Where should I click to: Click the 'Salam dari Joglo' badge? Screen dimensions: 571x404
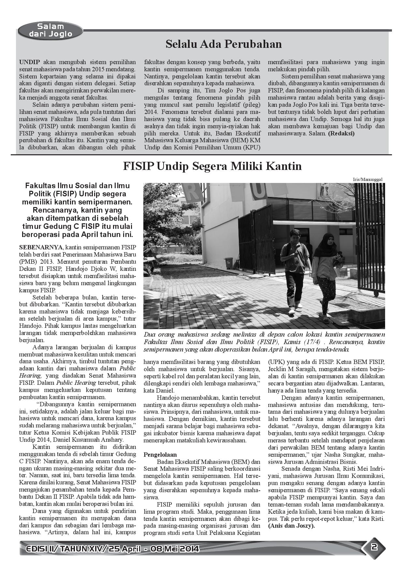tap(50, 30)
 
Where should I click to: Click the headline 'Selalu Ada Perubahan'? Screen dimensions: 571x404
tap(224, 44)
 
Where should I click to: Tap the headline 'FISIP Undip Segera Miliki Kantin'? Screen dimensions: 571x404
tap(212, 166)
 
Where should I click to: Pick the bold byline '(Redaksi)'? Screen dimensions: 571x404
tap(341, 133)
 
